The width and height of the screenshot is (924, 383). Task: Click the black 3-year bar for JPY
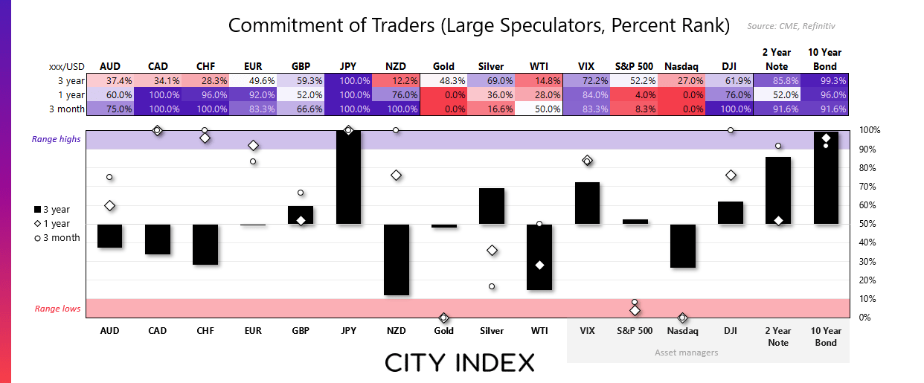[x=348, y=177]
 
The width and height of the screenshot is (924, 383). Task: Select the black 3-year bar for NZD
[x=396, y=260]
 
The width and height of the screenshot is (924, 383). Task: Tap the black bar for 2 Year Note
[x=778, y=190]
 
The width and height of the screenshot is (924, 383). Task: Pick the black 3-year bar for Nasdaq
[x=682, y=245]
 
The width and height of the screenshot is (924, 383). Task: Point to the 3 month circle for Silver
[x=492, y=286]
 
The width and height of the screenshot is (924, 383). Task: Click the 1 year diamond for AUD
[x=110, y=205]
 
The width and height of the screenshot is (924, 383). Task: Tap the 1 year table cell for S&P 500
[x=635, y=94]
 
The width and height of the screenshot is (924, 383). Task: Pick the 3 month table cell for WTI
[x=539, y=108]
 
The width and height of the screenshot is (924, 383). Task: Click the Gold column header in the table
[x=444, y=66]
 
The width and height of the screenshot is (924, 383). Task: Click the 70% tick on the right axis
[x=870, y=187]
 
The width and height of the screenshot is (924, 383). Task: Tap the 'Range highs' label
[x=55, y=139]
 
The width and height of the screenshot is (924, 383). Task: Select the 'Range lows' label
[x=57, y=309]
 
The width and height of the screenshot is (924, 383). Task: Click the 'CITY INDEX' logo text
[x=460, y=363]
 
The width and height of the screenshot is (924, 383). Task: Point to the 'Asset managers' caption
[x=686, y=352]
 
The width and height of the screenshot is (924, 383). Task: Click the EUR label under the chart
[x=253, y=331]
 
